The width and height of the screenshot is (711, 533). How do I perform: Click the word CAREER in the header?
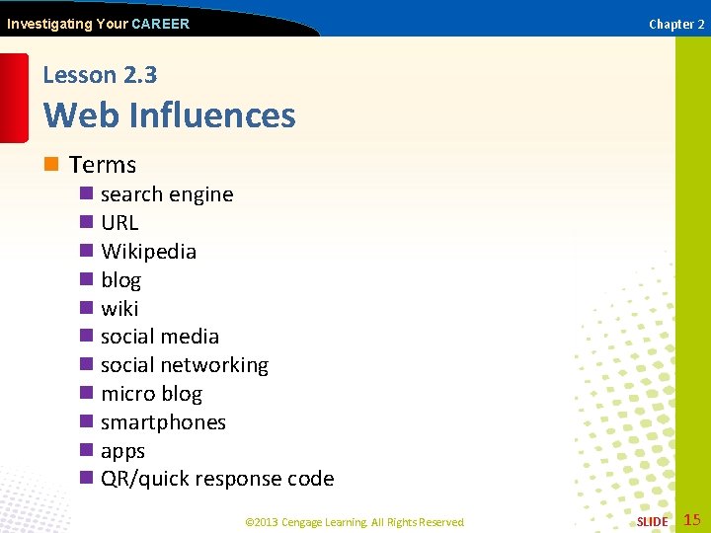160,24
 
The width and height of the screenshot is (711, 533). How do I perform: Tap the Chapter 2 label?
676,24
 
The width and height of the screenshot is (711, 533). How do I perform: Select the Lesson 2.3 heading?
100,75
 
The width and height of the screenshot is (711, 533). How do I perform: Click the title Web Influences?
170,115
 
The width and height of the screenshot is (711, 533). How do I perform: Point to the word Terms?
103,165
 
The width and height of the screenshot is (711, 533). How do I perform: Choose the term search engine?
167,194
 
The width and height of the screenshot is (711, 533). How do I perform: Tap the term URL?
119,223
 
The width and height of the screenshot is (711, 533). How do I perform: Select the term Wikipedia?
148,252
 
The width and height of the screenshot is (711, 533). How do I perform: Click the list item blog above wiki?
120,280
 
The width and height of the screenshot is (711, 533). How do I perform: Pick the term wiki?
119,309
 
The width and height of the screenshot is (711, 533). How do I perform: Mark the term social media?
160,337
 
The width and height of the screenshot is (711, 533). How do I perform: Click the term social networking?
185,365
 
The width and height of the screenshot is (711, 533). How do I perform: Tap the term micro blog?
151,394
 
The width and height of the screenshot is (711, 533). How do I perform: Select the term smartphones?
163,422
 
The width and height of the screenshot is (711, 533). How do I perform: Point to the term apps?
122,451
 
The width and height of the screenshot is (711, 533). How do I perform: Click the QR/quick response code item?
217,479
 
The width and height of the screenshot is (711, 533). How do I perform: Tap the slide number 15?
692,519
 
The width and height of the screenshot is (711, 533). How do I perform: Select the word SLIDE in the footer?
652,521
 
